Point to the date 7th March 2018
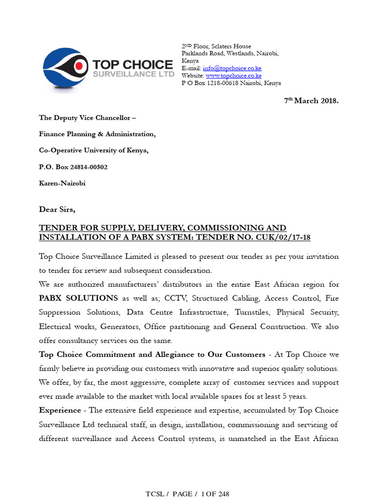coord(311,101)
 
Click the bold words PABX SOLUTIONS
coord(78,298)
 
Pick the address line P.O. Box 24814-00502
coord(73,167)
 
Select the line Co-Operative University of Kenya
coord(94,150)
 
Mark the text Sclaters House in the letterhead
coord(231,46)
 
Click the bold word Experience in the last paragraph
coord(60,410)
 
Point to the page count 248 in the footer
coord(223,494)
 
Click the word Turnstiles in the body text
coord(254,312)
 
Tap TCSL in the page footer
coord(155,494)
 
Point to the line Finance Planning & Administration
coord(97,134)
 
